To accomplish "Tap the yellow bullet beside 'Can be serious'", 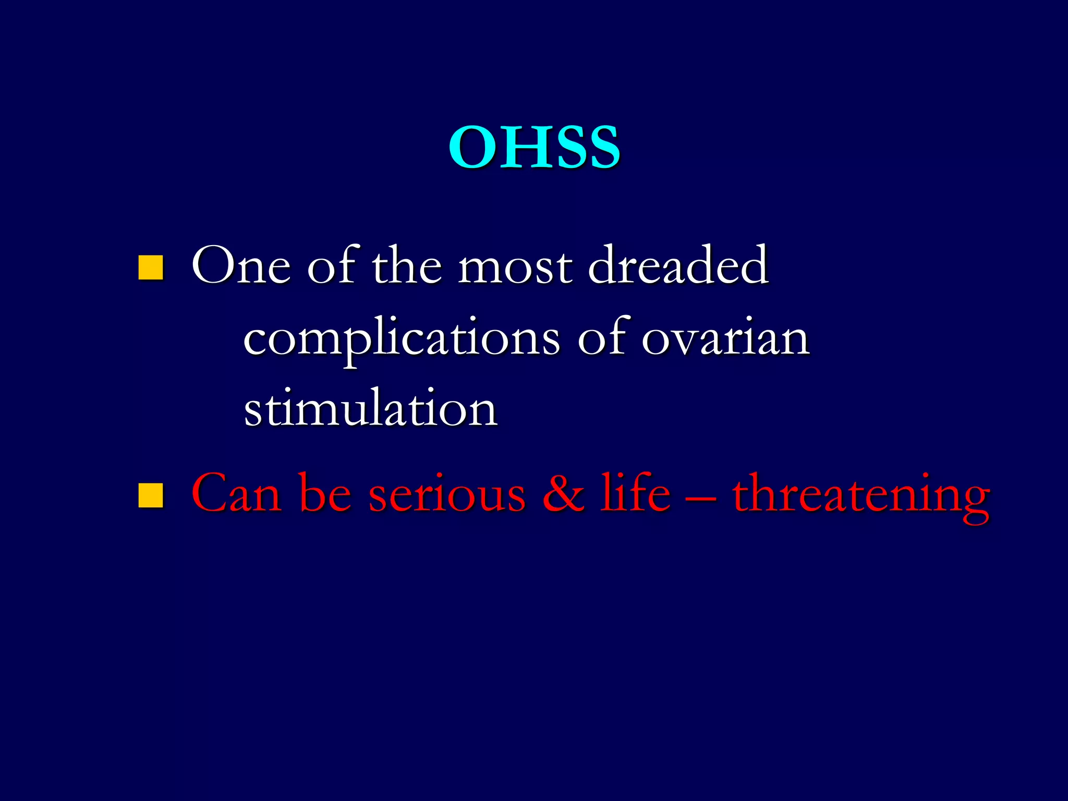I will pos(151,495).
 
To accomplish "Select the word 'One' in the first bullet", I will pos(240,267).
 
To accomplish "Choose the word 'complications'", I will pos(402,339).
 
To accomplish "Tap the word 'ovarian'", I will pos(725,339).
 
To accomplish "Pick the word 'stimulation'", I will pos(371,409).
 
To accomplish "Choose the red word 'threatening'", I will pos(860,495).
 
